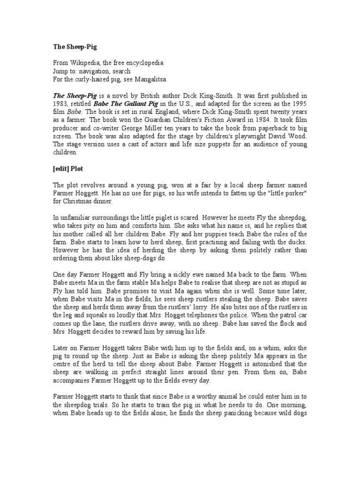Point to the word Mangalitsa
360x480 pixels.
150,79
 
